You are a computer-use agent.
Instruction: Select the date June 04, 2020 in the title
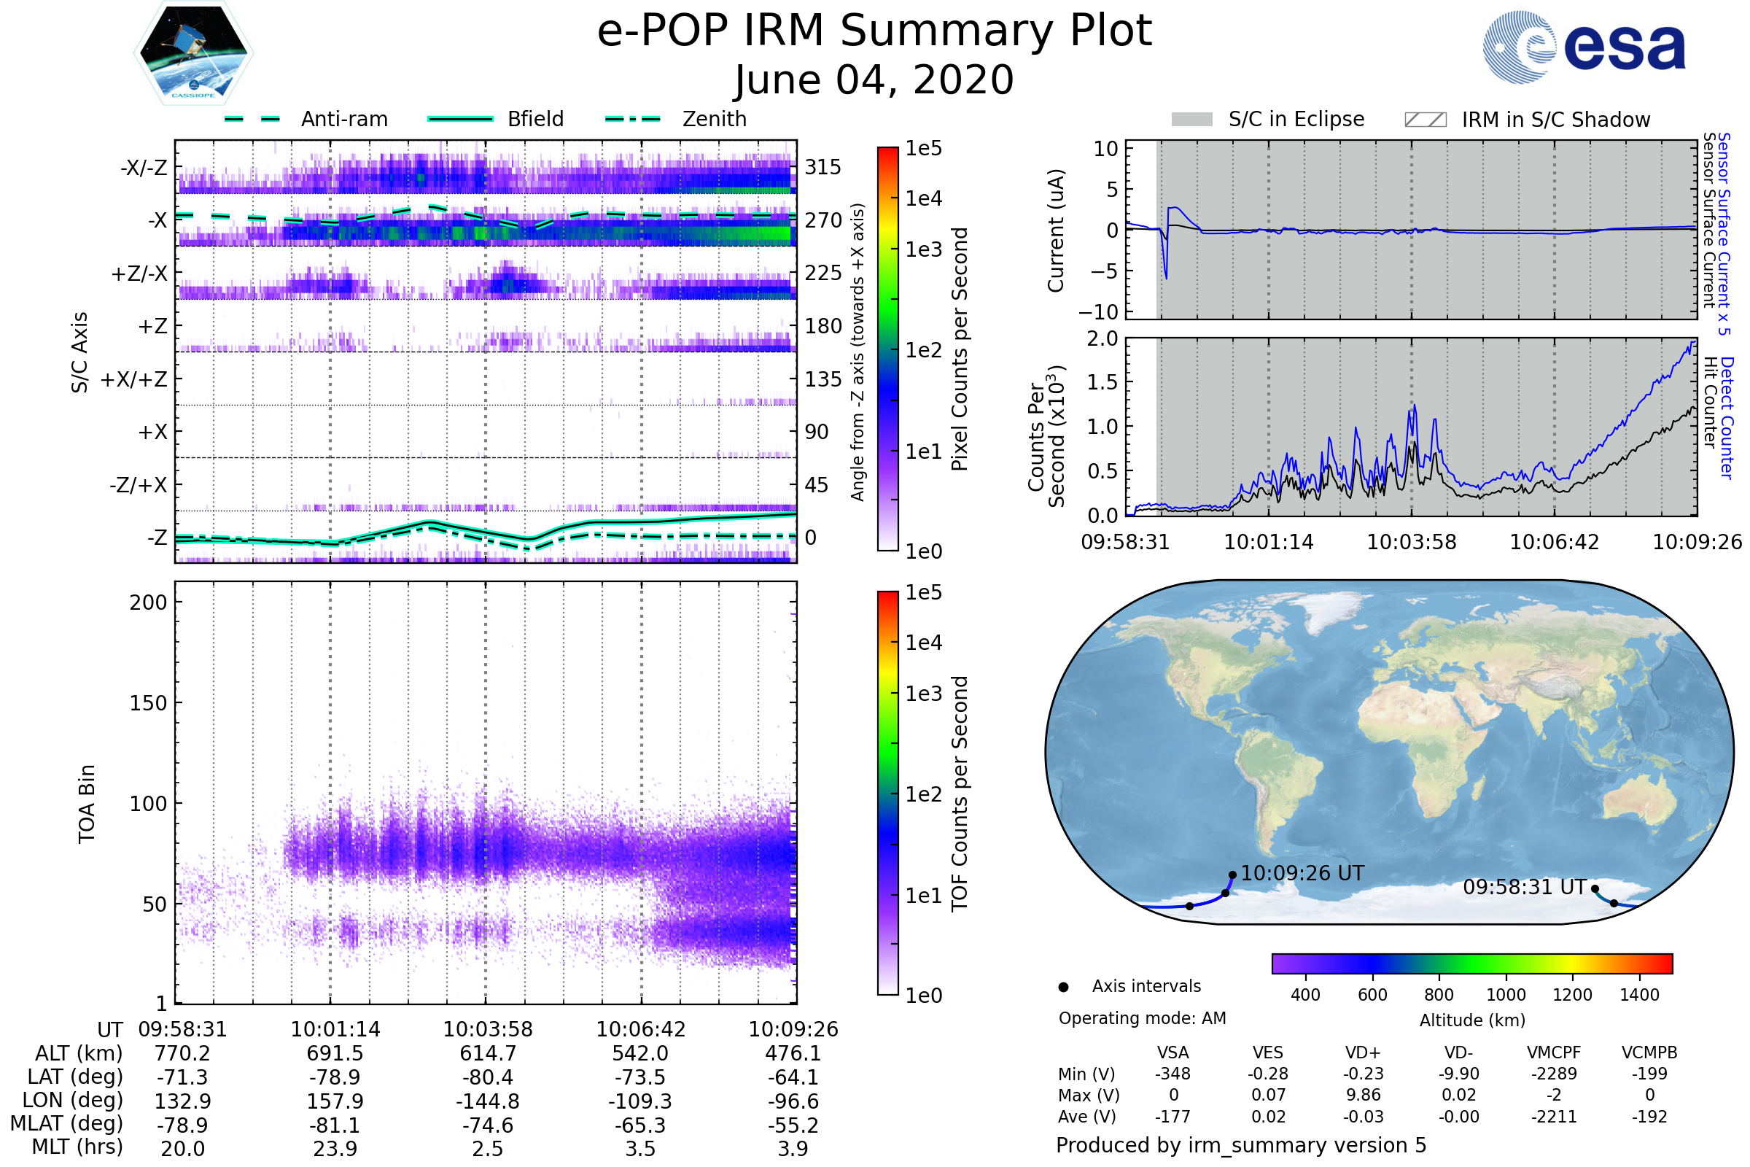[x=874, y=80]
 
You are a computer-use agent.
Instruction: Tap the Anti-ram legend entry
[x=343, y=119]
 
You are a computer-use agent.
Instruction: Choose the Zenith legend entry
[x=715, y=119]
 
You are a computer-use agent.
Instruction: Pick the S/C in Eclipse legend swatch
[x=1191, y=119]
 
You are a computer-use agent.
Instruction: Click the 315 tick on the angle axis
[x=823, y=167]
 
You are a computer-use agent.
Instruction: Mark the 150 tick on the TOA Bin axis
[x=148, y=703]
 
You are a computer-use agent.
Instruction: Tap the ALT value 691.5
[x=335, y=1054]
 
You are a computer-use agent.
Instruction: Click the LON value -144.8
[x=487, y=1101]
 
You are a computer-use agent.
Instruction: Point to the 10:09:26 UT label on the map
[x=1302, y=873]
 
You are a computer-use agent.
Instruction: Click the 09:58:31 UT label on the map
[x=1525, y=887]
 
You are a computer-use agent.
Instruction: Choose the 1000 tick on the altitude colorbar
[x=1506, y=995]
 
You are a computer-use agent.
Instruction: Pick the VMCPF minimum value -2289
[x=1554, y=1074]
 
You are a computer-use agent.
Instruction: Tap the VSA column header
[x=1172, y=1053]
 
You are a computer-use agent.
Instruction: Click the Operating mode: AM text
[x=1142, y=1018]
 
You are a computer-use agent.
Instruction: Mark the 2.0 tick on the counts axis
[x=1102, y=339]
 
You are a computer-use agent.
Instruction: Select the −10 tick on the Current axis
[x=1100, y=312]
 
